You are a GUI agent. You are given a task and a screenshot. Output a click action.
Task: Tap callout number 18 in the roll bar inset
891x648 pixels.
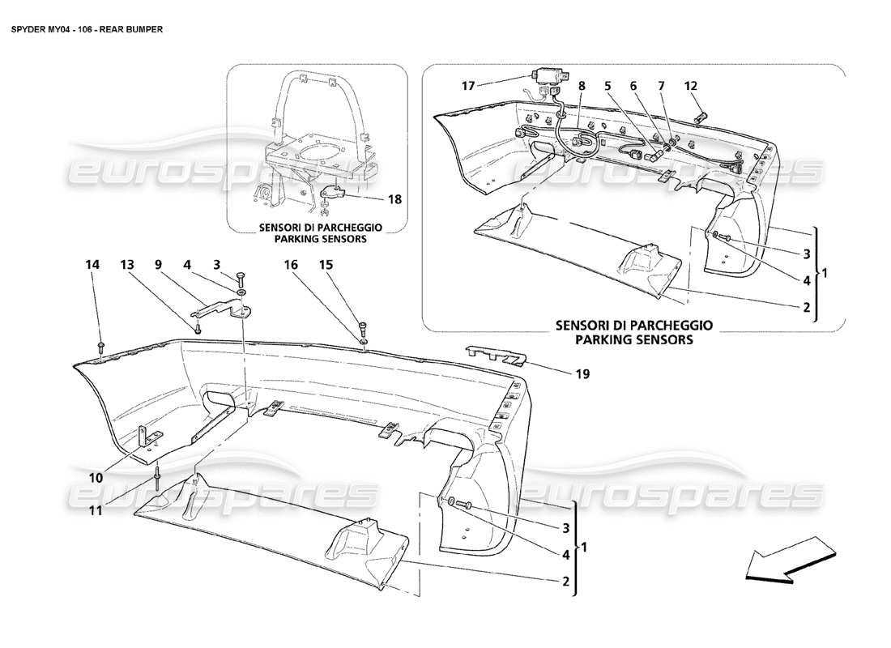[395, 198]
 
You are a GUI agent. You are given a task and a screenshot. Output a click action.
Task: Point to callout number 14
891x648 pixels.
[93, 264]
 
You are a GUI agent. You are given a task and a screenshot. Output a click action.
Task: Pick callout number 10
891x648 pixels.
[96, 478]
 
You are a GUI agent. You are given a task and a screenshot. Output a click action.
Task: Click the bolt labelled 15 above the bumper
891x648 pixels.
[362, 328]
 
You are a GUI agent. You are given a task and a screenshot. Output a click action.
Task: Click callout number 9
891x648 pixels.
[160, 264]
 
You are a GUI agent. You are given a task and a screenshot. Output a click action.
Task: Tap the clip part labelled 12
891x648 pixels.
[701, 117]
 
